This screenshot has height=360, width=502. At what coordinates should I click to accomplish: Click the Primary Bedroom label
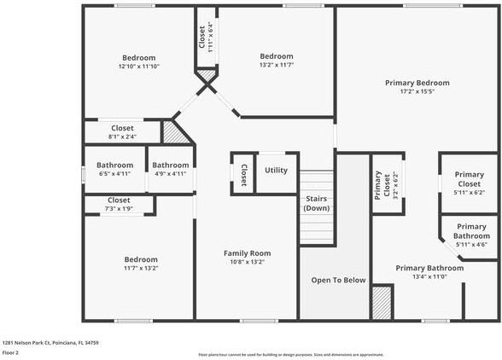click(417, 83)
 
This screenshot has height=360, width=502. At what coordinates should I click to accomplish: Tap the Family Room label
click(247, 253)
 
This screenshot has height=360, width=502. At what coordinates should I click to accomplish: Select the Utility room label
click(276, 171)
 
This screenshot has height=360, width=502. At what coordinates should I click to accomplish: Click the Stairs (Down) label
click(317, 203)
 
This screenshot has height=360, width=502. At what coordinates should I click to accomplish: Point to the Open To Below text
click(338, 280)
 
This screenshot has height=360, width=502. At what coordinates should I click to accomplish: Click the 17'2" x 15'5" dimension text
click(417, 92)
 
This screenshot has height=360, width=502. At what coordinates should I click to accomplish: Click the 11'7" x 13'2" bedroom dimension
click(141, 269)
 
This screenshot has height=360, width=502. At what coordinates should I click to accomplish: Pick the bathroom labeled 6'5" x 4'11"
click(114, 169)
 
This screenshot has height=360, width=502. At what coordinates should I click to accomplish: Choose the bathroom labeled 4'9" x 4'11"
click(171, 169)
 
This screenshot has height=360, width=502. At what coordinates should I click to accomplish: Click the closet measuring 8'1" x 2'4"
click(122, 132)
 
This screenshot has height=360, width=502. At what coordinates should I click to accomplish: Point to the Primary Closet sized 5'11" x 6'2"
click(469, 183)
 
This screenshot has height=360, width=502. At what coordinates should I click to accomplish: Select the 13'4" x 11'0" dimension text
click(429, 277)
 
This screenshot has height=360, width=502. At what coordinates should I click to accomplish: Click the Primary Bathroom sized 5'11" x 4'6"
click(471, 235)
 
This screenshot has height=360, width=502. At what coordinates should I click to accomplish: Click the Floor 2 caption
click(11, 352)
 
